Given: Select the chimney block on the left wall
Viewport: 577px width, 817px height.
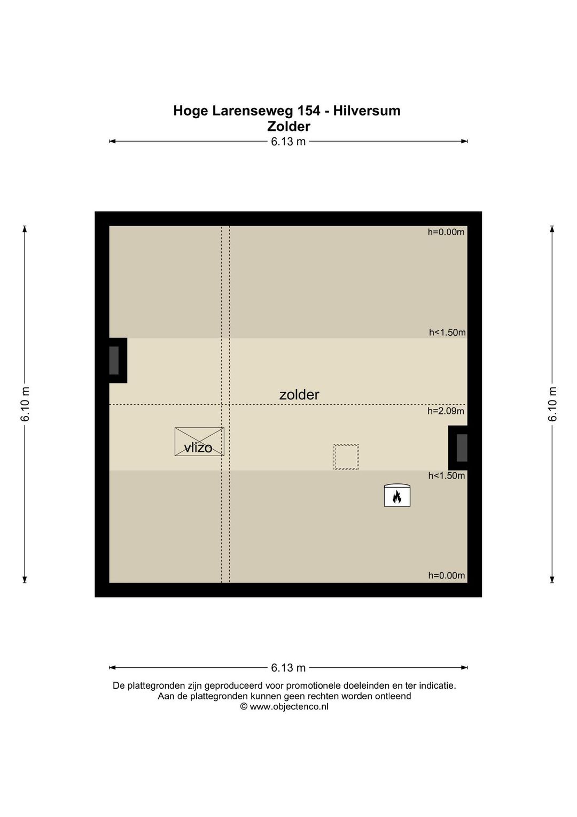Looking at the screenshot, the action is (x=118, y=360).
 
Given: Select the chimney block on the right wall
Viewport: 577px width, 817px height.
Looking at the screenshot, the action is (x=458, y=448).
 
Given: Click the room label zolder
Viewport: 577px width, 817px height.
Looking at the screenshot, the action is (x=299, y=395).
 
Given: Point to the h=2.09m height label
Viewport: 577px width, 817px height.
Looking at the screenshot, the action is (x=446, y=411).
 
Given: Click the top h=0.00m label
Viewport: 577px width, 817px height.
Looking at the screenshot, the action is (x=446, y=232).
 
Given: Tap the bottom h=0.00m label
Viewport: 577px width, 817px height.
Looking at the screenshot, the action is (x=447, y=575).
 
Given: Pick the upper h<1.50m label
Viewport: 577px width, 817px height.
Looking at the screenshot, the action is (x=447, y=332).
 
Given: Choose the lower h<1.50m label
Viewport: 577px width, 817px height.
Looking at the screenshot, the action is (x=447, y=476).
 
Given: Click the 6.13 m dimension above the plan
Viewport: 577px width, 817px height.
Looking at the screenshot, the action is (x=288, y=141).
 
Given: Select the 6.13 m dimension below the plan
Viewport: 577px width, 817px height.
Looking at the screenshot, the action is (x=288, y=668).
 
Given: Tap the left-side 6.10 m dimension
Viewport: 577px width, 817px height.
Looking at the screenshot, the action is (x=25, y=404).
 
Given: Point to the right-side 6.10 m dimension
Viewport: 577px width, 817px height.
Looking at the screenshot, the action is (x=552, y=404).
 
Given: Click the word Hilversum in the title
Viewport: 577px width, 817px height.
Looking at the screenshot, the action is (x=367, y=111).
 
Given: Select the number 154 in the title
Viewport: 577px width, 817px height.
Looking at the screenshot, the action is (x=309, y=111).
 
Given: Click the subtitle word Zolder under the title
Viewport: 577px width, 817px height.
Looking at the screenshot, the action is (x=288, y=127).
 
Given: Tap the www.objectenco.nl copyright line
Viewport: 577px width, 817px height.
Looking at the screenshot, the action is (x=284, y=706).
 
